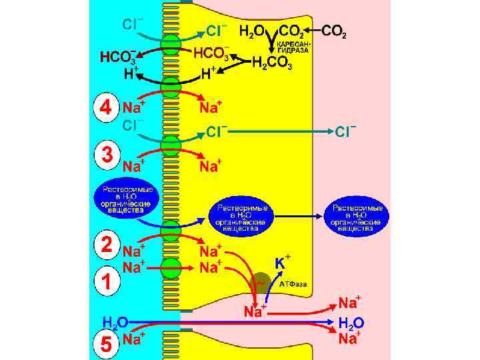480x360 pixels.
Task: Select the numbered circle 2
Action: tap(103, 244)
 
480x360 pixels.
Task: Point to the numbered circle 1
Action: tap(103, 282)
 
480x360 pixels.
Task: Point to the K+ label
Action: tap(282, 262)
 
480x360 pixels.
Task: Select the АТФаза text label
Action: tap(293, 284)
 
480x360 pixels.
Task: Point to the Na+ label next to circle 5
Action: tap(135, 339)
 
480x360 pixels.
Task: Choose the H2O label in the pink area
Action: tap(351, 323)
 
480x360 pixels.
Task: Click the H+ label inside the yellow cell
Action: tap(208, 73)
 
